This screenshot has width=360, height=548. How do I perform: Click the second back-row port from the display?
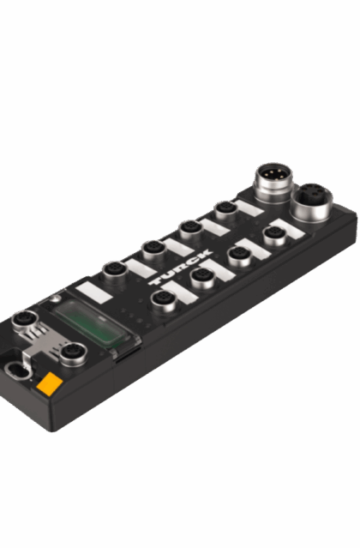pyautogui.click(x=154, y=249)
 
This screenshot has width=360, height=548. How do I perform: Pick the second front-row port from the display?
pyautogui.click(x=203, y=275)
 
